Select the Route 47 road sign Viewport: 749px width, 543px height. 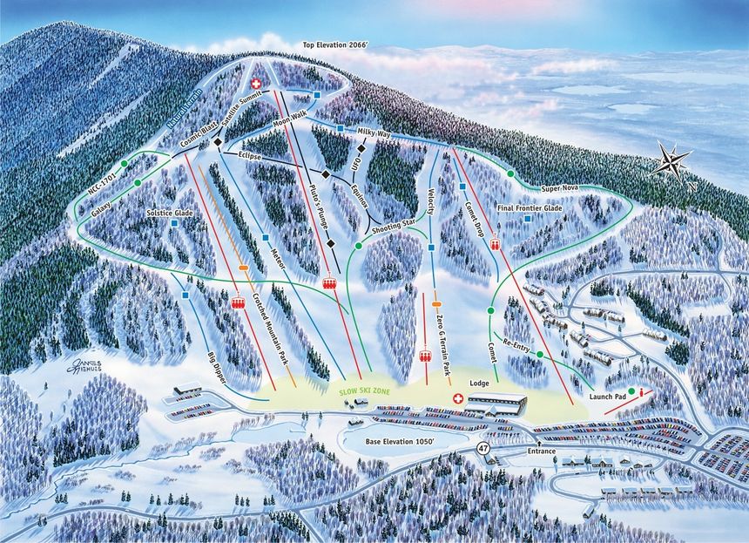(482, 448)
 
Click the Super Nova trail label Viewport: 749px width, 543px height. (562, 187)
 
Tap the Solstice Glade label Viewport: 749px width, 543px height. (171, 213)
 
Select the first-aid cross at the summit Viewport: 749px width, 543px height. (256, 84)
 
